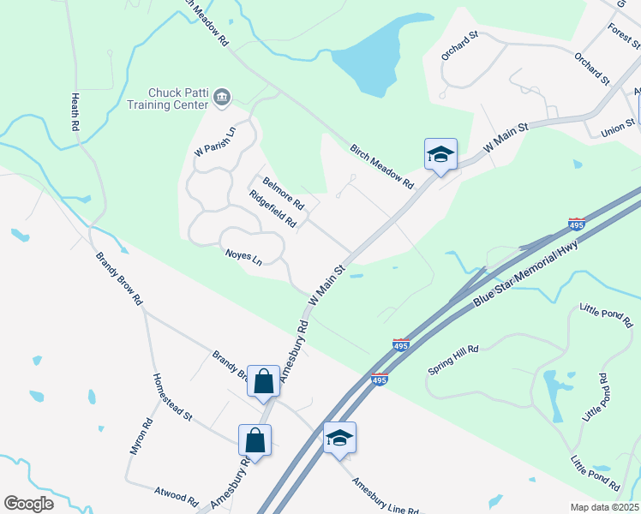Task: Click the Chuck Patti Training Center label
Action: [x=178, y=99]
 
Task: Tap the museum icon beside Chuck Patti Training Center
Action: [x=222, y=97]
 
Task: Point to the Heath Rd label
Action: [x=75, y=112]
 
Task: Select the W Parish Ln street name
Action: [x=214, y=141]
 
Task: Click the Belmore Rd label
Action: [x=284, y=193]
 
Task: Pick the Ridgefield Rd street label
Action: [x=273, y=208]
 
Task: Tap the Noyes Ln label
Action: [x=243, y=255]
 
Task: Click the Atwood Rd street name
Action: [x=177, y=496]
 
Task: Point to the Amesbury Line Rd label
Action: [x=385, y=494]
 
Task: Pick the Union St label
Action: [x=618, y=128]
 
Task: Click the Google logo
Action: [x=28, y=503]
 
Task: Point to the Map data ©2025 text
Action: [x=603, y=507]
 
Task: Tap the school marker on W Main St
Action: [x=440, y=155]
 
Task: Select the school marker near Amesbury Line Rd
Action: [x=339, y=439]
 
